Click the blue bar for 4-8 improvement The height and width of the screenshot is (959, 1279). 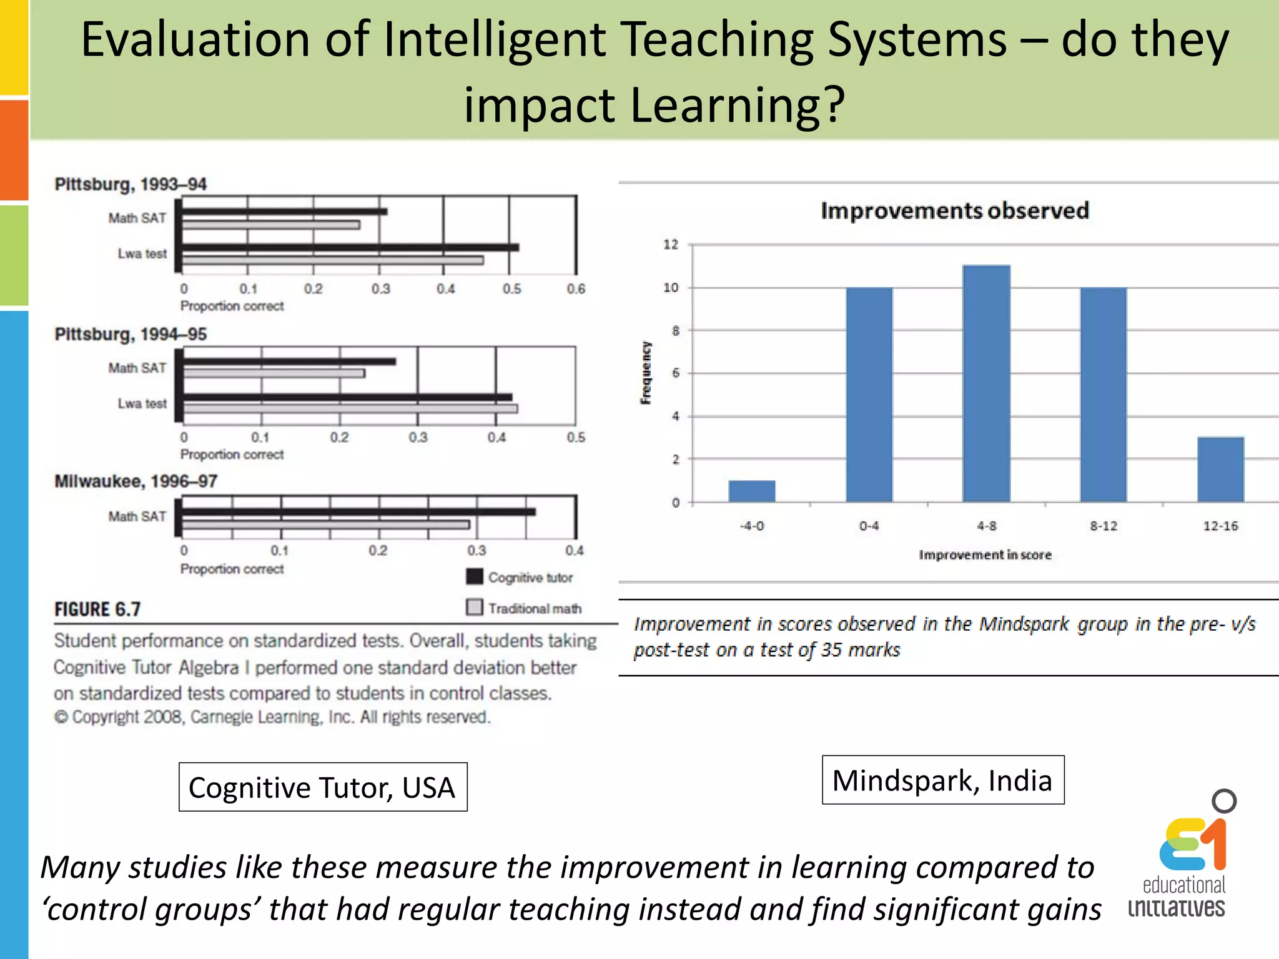986,383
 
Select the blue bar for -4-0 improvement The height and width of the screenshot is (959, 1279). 751,491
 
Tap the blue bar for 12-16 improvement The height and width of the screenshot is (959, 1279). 1220,469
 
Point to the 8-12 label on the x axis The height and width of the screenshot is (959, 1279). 1104,526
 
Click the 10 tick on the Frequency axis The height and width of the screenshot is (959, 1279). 671,288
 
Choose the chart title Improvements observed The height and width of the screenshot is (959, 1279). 954,210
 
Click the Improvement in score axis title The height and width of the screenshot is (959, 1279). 985,554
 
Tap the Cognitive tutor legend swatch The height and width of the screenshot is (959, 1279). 475,576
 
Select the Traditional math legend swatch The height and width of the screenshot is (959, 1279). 475,607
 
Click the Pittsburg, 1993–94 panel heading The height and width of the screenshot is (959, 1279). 131,184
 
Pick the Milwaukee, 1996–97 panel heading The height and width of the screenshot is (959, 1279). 136,481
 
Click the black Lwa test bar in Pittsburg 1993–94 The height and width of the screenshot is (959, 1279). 350,247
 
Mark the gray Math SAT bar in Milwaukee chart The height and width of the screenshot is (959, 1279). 325,525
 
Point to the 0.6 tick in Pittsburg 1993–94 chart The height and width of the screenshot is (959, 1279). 576,289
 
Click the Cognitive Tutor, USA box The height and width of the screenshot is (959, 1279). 322,787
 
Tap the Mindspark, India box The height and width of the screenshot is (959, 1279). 942,780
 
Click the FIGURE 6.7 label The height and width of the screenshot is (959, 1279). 97,609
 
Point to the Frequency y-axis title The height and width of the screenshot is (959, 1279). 646,373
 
